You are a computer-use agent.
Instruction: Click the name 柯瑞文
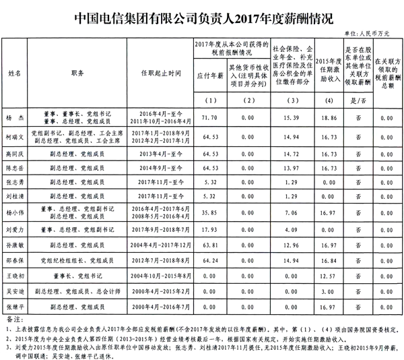tap(15, 137)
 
